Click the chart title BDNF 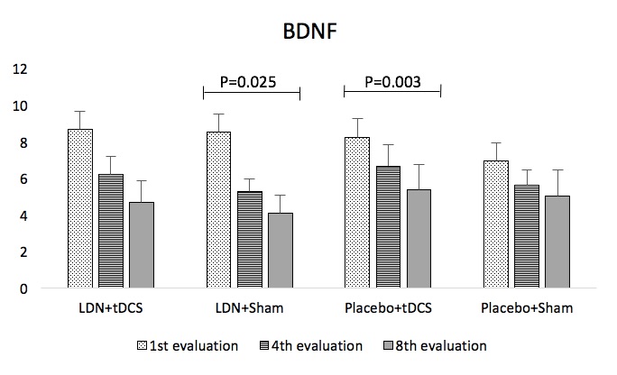pos(308,33)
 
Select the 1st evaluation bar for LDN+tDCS pos(80,209)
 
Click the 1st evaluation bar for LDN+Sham pos(219,211)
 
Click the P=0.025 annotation pos(250,82)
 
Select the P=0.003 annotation pos(392,82)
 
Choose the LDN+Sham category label pos(250,309)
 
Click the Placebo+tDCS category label pos(389,309)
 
